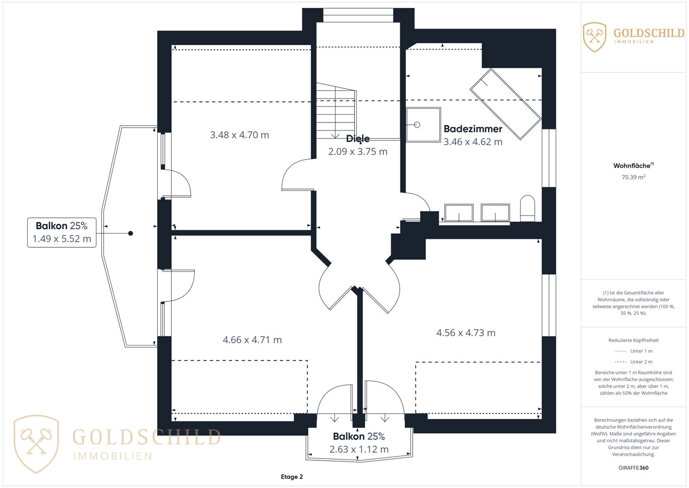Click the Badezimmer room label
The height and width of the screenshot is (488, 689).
(473, 129)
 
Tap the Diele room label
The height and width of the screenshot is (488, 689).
(358, 139)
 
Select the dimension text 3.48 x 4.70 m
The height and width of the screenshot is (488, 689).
(240, 135)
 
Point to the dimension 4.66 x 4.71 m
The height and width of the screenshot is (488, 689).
(252, 340)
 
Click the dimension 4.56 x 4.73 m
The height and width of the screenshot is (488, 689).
(466, 333)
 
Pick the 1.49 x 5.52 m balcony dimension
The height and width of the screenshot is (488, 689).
(62, 239)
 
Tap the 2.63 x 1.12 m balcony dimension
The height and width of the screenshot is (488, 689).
(359, 449)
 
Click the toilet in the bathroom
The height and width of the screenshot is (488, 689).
(527, 209)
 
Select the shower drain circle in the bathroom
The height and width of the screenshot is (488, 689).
(417, 125)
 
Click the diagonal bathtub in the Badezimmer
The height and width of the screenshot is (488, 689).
(505, 105)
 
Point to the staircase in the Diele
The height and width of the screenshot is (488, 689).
(336, 110)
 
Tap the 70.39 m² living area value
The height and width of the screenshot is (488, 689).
(633, 177)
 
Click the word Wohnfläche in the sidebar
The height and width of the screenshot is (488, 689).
(632, 166)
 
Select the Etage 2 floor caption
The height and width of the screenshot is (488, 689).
(292, 477)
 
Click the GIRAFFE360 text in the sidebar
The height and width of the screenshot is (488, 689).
(633, 468)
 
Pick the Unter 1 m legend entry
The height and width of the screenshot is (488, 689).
(633, 351)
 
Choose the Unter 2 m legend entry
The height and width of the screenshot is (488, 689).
(633, 362)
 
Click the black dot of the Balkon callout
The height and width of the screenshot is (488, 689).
(131, 233)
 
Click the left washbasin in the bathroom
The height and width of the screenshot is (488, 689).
(459, 212)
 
